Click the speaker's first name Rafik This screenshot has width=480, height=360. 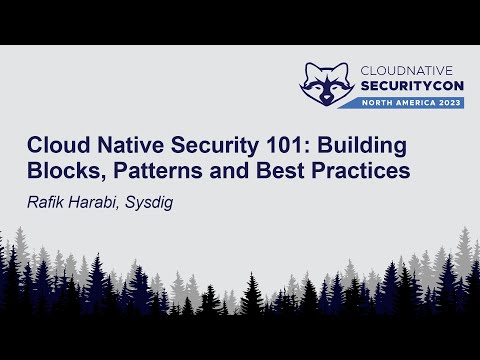coord(45,199)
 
